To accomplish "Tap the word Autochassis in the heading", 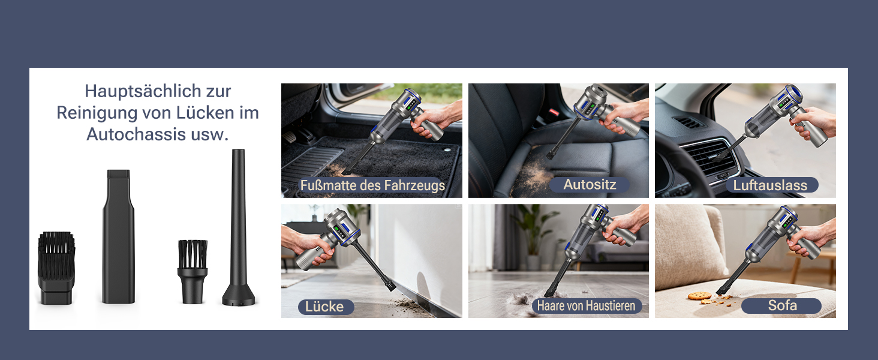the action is point(136,134).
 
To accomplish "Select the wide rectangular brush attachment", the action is point(56,268).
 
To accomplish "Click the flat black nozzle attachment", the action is point(118,236).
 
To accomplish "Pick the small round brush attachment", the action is point(193,271).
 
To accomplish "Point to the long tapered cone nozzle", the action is point(238,227).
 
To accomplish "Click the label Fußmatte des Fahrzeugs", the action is point(372,185).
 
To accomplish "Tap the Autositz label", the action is point(590,184).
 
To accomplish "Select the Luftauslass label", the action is point(770,185).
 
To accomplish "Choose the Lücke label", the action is point(324,306).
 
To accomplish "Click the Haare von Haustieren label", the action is point(587,305).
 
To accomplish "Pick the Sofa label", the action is point(783,305).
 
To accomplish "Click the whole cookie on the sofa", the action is point(700,295).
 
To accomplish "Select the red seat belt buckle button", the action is point(554,113).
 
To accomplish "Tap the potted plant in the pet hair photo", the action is point(534,235).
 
